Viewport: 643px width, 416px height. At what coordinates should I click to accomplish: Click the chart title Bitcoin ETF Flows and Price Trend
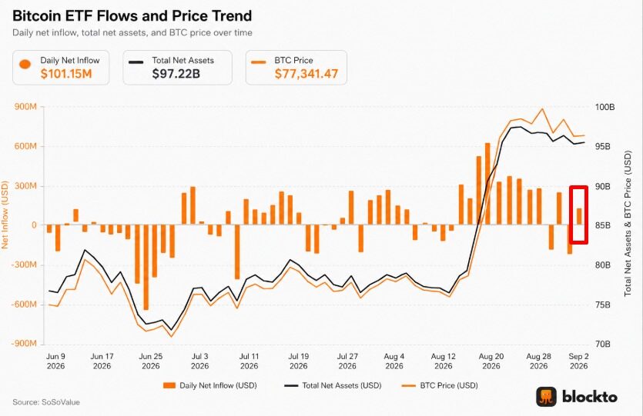click(132, 16)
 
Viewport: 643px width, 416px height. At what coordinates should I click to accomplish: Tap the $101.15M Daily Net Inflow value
click(66, 74)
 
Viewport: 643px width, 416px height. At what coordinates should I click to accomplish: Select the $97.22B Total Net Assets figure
click(176, 74)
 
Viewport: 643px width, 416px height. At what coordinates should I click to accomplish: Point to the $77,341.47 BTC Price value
click(306, 74)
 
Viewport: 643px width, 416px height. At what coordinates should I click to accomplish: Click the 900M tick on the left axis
click(25, 107)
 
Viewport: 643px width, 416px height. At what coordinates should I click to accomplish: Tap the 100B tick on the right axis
click(604, 107)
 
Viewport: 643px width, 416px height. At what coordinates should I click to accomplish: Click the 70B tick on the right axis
click(602, 344)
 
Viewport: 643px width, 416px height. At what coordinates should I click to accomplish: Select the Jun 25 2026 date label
click(150, 361)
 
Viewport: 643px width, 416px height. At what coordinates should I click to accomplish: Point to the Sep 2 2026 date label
click(578, 361)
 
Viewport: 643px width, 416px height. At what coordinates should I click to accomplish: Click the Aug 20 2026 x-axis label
click(491, 361)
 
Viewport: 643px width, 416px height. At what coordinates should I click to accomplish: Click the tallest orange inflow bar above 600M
click(487, 184)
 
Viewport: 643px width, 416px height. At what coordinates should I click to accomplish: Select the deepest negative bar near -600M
click(146, 267)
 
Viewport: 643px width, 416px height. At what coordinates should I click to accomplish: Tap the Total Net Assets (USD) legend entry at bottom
click(333, 385)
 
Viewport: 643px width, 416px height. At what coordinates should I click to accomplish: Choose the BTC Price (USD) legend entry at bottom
click(440, 385)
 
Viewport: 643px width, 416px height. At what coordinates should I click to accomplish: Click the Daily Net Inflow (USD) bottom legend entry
click(210, 385)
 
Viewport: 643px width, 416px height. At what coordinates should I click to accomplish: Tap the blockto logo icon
click(546, 397)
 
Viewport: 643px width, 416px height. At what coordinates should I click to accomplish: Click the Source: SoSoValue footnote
click(46, 402)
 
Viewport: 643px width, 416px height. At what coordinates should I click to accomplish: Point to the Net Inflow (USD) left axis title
click(5, 215)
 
